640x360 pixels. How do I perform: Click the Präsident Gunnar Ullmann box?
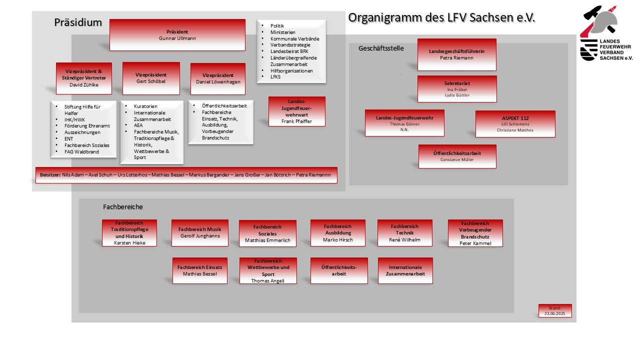177,35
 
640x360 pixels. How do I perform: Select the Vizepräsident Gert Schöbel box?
151,78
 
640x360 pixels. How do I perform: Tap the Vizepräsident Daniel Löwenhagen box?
218,79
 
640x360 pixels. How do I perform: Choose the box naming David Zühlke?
84,78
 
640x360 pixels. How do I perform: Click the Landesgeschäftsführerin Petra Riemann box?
457,54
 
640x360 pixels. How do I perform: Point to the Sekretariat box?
457,89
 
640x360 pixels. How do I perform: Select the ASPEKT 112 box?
515,124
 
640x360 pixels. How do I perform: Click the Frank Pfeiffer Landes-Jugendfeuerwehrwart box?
297,111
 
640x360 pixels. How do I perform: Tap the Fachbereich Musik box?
200,233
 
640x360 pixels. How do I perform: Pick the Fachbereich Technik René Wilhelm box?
405,233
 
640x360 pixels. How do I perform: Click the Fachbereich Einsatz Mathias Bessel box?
200,270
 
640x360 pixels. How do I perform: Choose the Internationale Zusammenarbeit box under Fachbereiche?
405,270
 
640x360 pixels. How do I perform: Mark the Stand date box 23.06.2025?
555,311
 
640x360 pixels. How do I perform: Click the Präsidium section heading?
78,22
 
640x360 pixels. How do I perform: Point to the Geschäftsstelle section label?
381,48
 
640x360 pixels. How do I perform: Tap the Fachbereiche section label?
123,207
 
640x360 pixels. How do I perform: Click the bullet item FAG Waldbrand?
81,151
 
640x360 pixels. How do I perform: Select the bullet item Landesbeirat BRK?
289,51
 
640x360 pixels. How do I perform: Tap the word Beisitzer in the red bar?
50,175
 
